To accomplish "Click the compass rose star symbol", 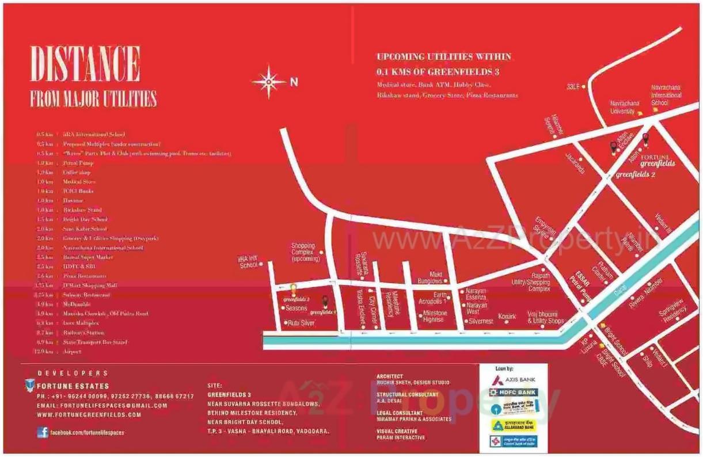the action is [268, 82].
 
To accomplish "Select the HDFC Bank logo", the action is [513, 393].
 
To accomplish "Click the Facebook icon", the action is [43, 432].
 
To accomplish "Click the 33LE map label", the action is [572, 86].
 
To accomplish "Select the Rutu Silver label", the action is [302, 323].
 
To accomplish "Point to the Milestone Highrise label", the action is [435, 316].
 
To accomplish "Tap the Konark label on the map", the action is [507, 317].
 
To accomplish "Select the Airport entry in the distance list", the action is [73, 352].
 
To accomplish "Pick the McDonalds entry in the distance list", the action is [78, 304].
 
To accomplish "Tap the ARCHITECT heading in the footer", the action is [390, 376].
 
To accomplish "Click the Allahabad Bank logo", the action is [513, 425].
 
